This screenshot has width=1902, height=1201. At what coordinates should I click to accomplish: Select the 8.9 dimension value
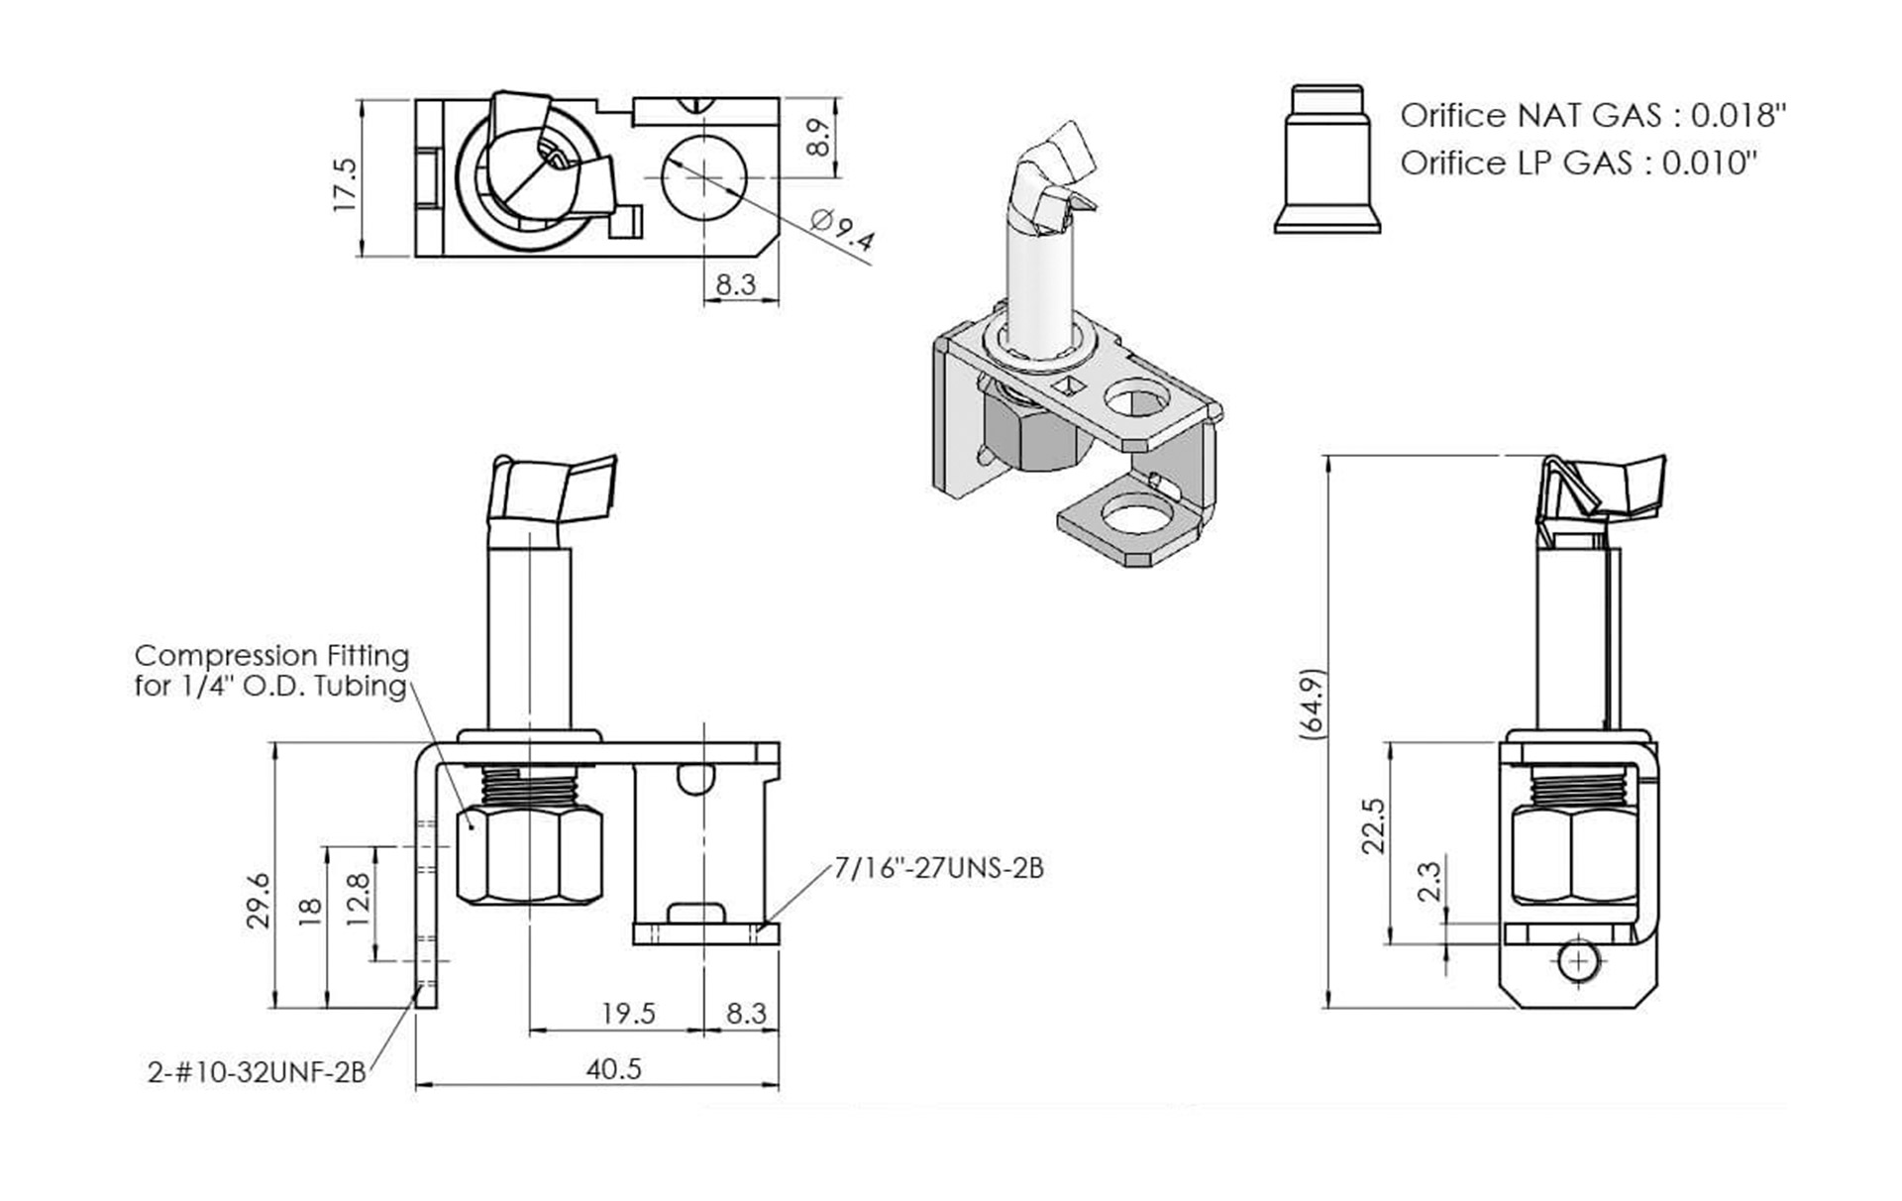[818, 138]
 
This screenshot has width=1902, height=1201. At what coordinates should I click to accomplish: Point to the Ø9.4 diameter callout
[841, 230]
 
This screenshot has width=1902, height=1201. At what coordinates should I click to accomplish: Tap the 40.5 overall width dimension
[613, 1069]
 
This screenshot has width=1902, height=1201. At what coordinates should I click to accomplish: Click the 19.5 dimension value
[628, 1014]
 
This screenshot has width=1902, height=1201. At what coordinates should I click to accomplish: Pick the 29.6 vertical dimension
[259, 900]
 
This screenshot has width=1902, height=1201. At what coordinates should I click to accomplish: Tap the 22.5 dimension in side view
[1372, 824]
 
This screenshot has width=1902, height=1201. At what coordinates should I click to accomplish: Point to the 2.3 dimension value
[1427, 880]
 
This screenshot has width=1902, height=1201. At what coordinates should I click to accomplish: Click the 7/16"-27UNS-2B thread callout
[938, 868]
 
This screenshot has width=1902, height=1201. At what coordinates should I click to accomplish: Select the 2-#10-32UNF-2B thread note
[257, 1072]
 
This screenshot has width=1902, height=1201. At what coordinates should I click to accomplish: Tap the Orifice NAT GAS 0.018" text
[1592, 116]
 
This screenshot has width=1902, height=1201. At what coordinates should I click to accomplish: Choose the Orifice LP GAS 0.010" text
[1578, 163]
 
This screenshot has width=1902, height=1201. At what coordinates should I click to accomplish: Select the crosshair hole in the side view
[1579, 961]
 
